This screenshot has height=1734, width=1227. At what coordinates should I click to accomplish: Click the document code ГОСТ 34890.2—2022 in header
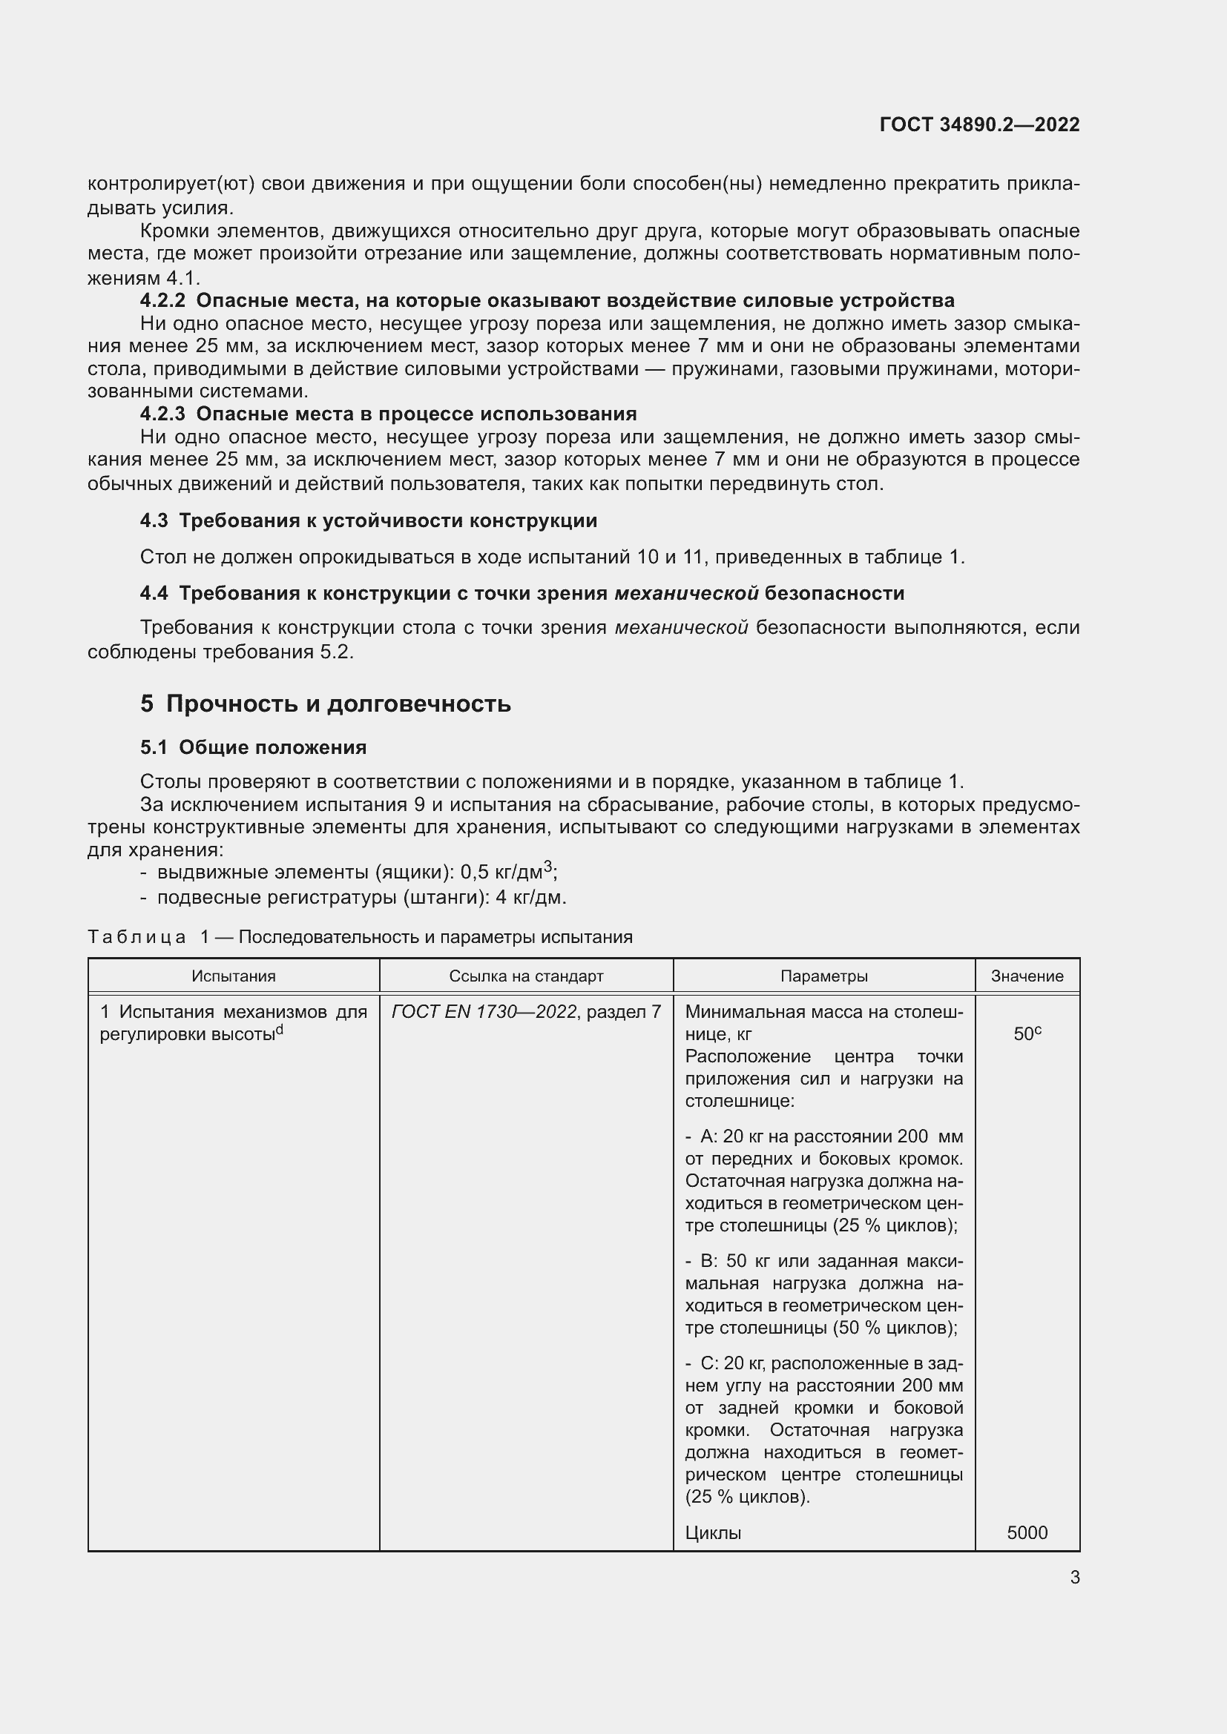(x=979, y=125)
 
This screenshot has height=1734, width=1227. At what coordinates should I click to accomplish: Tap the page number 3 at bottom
(x=1074, y=1578)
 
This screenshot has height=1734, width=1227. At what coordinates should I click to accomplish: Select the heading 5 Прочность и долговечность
(x=325, y=704)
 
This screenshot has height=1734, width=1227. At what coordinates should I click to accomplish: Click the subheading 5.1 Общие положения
(x=253, y=748)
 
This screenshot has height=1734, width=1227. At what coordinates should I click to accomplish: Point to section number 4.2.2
(x=162, y=300)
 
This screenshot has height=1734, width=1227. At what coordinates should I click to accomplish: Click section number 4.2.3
(x=162, y=414)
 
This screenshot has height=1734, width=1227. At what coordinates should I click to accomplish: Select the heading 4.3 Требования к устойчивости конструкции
(x=368, y=520)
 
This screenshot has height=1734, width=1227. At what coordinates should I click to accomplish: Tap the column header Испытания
(x=234, y=976)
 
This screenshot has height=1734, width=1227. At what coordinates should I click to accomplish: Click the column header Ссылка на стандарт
(x=526, y=976)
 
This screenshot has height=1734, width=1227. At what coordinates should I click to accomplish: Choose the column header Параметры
(x=823, y=976)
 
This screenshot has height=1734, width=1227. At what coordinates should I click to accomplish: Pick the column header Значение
(x=1027, y=976)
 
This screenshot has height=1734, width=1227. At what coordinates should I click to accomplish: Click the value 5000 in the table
(x=1027, y=1532)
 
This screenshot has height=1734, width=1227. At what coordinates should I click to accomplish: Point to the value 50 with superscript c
(x=1027, y=1034)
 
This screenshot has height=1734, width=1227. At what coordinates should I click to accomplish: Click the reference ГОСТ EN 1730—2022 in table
(x=484, y=1011)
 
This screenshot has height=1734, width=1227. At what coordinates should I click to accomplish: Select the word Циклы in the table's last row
(x=712, y=1532)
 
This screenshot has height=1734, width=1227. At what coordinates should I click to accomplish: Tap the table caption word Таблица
(x=136, y=937)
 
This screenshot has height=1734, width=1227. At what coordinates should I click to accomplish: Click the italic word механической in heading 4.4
(x=686, y=593)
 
